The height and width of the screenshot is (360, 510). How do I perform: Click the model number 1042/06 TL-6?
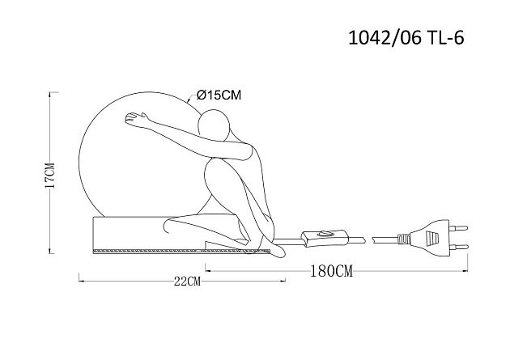click(x=406, y=38)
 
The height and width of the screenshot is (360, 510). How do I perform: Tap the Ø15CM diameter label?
click(x=219, y=95)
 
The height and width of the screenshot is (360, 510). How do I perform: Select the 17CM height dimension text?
click(x=49, y=175)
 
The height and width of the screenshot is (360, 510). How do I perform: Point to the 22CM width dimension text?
click(x=187, y=281)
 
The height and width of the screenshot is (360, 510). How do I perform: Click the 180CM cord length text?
click(x=331, y=271)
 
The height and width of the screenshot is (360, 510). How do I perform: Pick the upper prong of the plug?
click(x=458, y=228)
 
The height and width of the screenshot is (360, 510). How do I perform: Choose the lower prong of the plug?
click(x=458, y=246)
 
